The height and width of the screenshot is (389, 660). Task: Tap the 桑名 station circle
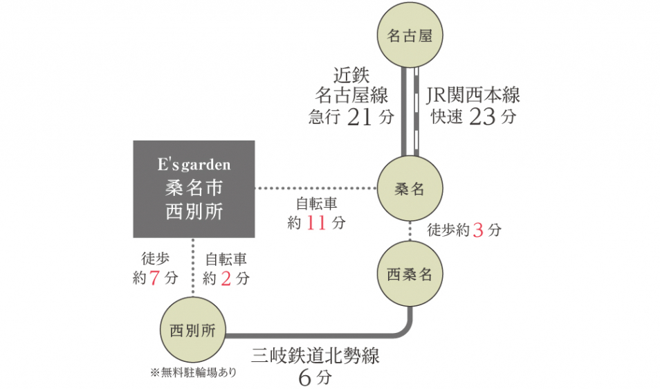pos(410,189)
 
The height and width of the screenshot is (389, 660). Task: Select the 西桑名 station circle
pos(410,273)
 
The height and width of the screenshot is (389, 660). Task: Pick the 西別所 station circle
pos(193,330)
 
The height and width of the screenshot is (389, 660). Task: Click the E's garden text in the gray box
pos(194,165)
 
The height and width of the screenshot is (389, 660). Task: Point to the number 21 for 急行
pos(360,117)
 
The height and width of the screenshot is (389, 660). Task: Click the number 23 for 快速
pos(482,117)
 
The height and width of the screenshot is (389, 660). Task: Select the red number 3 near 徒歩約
pos(477,230)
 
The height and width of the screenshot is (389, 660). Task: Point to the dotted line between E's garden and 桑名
pos(315,188)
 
